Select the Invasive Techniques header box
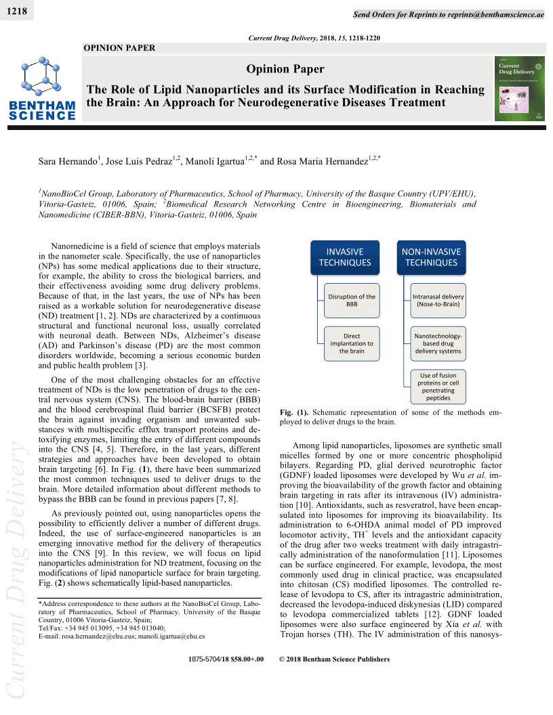(x=345, y=257)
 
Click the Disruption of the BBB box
(x=352, y=301)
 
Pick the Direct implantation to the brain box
(x=352, y=343)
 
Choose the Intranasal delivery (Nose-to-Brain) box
(x=438, y=301)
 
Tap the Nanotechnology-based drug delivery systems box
(x=438, y=343)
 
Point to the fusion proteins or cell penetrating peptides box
(x=438, y=386)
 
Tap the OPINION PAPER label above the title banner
(x=119, y=48)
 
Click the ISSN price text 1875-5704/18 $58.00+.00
(x=224, y=659)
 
